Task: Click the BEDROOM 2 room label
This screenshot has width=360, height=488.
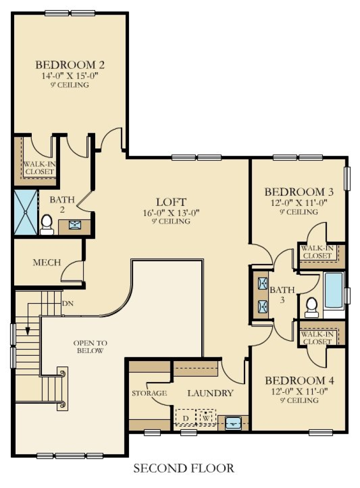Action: (70, 65)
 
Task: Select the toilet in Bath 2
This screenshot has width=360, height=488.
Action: (47, 224)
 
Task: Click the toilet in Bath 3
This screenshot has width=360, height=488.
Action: (311, 306)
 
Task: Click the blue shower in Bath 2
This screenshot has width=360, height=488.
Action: (25, 212)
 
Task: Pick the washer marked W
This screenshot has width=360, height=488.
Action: (206, 418)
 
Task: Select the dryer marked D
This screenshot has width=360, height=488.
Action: (186, 418)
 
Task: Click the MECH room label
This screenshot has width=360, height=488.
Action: (47, 263)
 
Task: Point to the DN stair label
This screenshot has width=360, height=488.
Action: (68, 304)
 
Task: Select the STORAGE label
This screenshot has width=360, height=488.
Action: (149, 393)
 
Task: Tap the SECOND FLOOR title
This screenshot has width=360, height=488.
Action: (184, 468)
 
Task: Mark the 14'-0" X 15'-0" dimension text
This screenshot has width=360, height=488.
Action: (70, 76)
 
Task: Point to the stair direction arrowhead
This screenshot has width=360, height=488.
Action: (28, 331)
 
